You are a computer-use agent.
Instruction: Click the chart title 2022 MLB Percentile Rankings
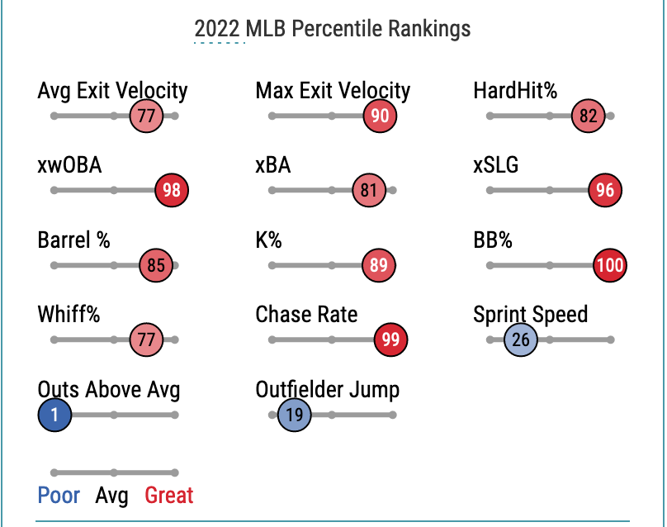(x=333, y=29)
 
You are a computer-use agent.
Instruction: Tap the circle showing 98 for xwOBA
(x=172, y=190)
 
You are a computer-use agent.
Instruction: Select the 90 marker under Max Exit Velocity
(x=380, y=116)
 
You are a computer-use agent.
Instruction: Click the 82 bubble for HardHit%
(x=588, y=116)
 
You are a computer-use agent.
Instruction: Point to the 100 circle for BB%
(x=609, y=265)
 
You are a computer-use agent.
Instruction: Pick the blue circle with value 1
(x=54, y=415)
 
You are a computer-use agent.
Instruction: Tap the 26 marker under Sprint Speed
(x=521, y=339)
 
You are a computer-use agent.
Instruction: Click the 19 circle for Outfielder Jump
(x=295, y=415)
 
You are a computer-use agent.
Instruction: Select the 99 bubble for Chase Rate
(x=390, y=339)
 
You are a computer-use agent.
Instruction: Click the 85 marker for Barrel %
(x=156, y=265)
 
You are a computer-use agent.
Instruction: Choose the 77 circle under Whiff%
(x=147, y=339)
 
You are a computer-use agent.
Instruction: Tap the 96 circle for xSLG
(x=605, y=190)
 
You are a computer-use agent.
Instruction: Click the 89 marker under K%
(x=379, y=265)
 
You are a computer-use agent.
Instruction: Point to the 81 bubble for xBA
(x=368, y=190)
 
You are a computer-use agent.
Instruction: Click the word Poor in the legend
(x=59, y=496)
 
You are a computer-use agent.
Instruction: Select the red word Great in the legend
(x=169, y=496)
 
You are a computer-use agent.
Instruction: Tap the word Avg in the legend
(x=112, y=496)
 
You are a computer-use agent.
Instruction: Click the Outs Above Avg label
(x=109, y=389)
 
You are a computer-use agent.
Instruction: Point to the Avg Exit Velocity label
(x=112, y=90)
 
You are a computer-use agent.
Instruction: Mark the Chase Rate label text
(x=306, y=314)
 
